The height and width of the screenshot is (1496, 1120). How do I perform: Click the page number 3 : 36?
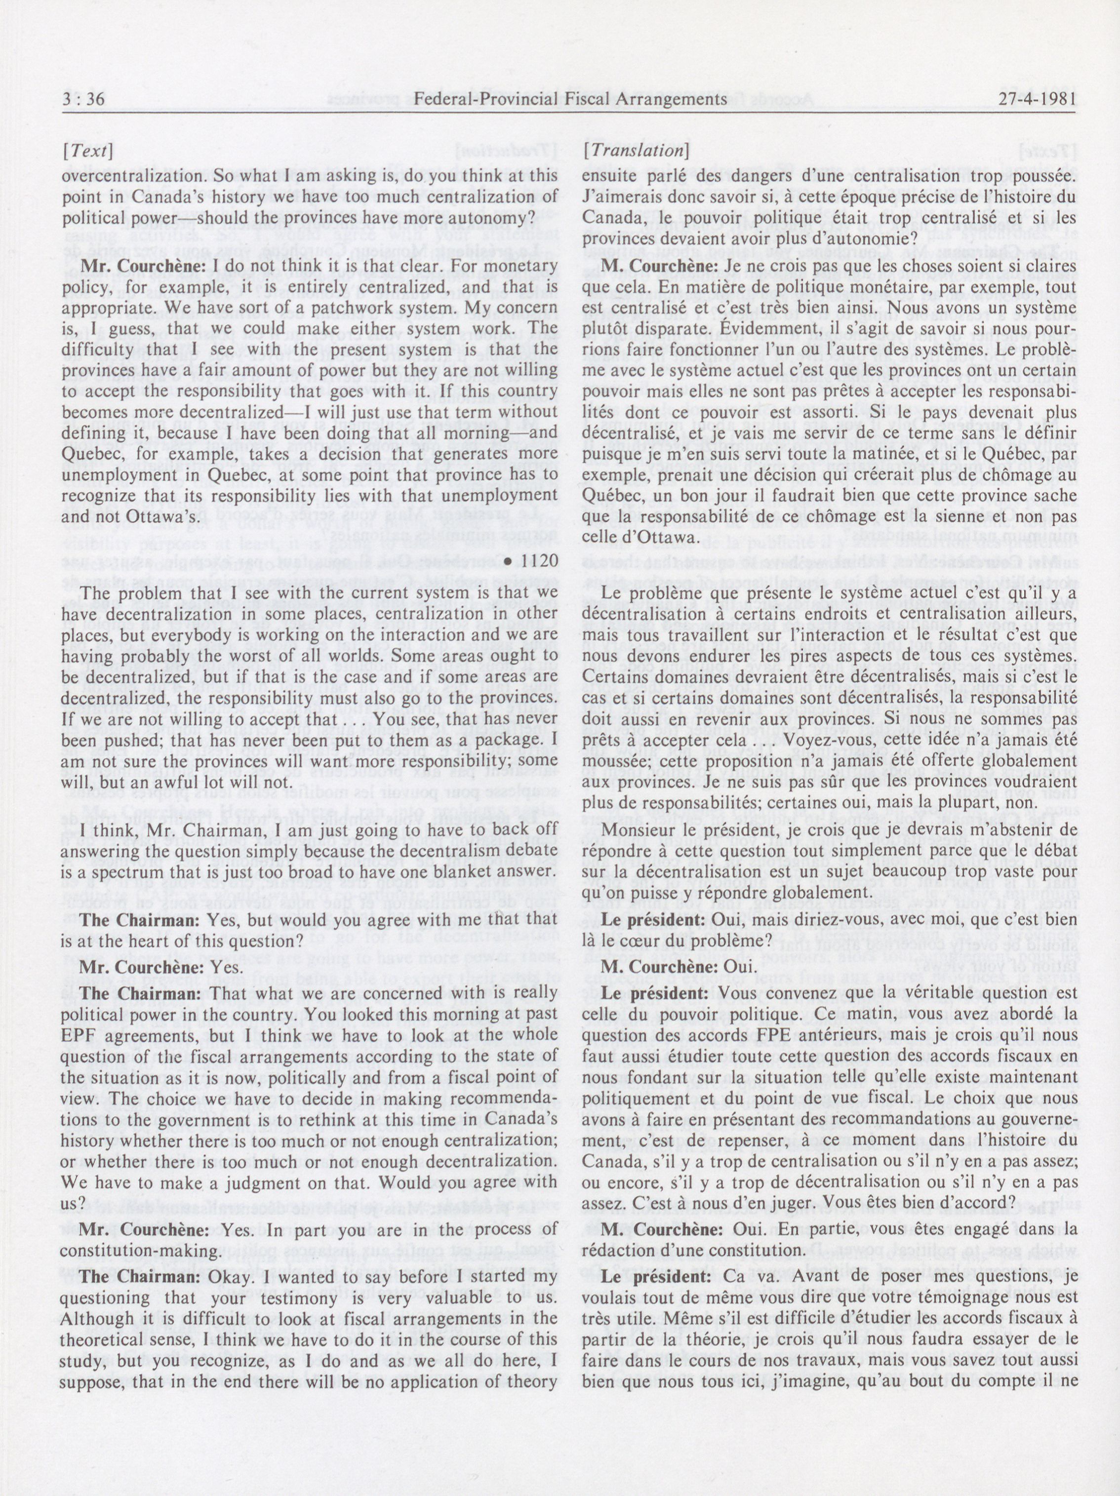click(x=83, y=100)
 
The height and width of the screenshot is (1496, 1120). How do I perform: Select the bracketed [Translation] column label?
click(x=635, y=150)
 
